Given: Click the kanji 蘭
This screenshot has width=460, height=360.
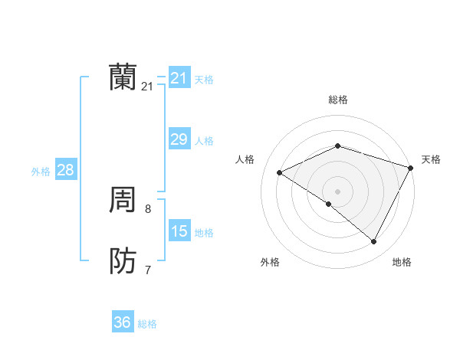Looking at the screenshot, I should (x=123, y=77).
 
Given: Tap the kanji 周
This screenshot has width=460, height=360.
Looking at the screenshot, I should (x=123, y=201).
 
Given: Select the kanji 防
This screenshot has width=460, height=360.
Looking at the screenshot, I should (x=123, y=261).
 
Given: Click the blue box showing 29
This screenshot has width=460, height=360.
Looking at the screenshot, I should (x=179, y=139).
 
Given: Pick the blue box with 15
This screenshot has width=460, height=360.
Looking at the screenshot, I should (x=179, y=231).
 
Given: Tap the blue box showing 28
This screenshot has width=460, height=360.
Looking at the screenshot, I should (x=65, y=170).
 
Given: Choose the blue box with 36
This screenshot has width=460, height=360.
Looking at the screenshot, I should (x=122, y=322).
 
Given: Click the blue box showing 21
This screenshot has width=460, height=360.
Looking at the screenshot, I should (x=179, y=78).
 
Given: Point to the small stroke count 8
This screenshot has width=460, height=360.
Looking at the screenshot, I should (x=148, y=208).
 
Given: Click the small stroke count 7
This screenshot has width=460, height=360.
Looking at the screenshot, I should (x=148, y=270).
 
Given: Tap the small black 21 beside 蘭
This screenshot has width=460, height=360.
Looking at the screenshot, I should (x=147, y=87).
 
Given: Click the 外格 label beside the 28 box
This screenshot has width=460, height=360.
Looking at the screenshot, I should (x=41, y=172).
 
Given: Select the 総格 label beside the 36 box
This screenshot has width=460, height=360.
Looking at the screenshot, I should (x=147, y=324).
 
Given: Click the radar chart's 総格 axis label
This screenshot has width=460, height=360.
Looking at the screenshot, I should (x=338, y=100).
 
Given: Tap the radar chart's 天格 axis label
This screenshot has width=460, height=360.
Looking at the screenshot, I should (x=431, y=159).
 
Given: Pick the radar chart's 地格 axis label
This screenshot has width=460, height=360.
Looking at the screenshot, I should (x=402, y=262).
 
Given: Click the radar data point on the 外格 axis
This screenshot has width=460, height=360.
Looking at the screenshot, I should (x=329, y=204).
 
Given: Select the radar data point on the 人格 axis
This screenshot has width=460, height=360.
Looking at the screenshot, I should (x=280, y=172).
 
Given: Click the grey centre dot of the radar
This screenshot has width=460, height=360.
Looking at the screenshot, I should (x=338, y=191).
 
